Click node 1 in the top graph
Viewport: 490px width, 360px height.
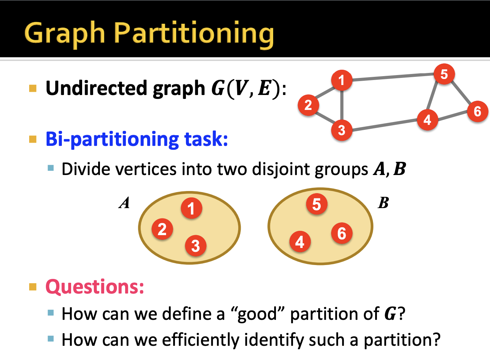point(341,80)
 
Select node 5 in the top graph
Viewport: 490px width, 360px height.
point(444,74)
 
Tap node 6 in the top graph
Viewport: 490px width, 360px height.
point(477,111)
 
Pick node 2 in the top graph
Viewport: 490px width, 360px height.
point(308,105)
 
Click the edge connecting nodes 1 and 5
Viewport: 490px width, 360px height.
point(393,77)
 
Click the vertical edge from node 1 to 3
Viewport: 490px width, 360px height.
point(341,105)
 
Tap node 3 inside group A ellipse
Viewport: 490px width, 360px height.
point(196,245)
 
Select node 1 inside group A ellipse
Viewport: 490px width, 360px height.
point(191,208)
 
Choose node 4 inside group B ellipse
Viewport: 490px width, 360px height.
point(300,242)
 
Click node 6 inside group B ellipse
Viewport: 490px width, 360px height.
point(341,233)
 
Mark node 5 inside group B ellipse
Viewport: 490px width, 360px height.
point(316,204)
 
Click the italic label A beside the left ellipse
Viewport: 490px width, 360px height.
point(124,203)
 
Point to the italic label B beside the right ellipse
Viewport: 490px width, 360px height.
point(383,203)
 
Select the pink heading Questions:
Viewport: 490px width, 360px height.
point(95,287)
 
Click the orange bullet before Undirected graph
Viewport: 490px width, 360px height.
point(33,88)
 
